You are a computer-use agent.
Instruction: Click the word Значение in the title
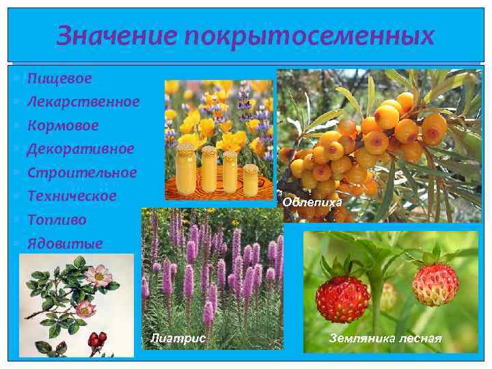click(111, 36)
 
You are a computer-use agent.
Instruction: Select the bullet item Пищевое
click(59, 79)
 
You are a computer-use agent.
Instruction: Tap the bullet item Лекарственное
click(83, 102)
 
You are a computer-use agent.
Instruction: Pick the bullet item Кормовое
click(63, 125)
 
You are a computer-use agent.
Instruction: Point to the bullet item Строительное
click(82, 172)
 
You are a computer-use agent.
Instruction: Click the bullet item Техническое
click(72, 195)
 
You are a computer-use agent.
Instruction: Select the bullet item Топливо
click(57, 219)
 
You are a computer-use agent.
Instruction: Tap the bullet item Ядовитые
click(65, 243)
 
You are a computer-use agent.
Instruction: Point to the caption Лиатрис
click(177, 338)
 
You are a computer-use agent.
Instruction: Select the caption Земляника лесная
click(385, 338)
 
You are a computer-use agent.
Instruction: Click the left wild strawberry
click(342, 299)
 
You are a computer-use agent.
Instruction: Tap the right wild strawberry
click(435, 284)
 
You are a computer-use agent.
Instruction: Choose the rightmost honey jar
click(251, 178)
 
